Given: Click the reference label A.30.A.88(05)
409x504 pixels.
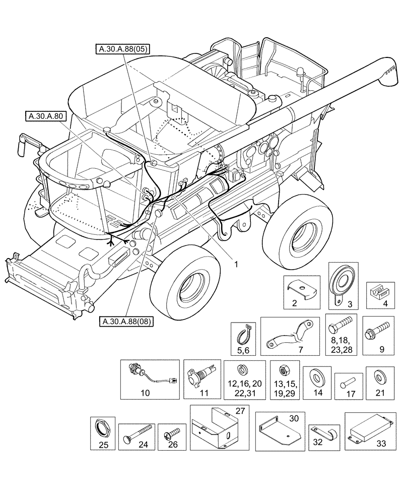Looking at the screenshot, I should pos(123,49).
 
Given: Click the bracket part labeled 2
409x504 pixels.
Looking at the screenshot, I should pos(301,288).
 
